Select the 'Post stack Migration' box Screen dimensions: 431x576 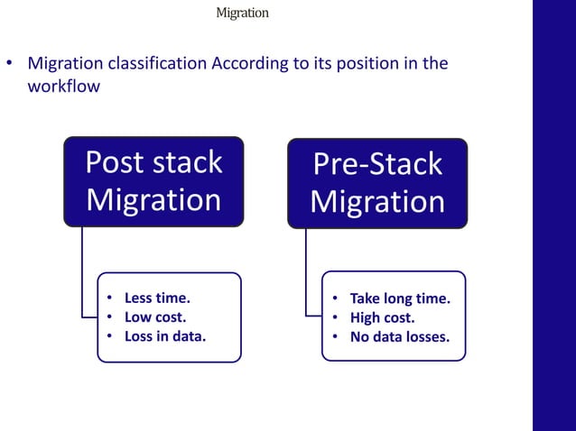153,180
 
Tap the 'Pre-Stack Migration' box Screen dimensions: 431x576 377,183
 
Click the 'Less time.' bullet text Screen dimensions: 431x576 158,298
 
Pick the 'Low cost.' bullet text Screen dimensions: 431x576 155,317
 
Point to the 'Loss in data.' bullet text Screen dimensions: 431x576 165,337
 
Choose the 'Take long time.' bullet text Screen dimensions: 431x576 400,298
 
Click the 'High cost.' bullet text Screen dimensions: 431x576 383,318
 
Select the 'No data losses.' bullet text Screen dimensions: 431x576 399,338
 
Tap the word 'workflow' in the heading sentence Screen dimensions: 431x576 64,87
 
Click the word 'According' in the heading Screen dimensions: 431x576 246,64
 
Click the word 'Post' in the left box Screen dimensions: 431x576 115,162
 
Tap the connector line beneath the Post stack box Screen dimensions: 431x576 82,271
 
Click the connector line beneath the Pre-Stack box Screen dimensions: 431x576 306,271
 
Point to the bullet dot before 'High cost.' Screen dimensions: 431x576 333,318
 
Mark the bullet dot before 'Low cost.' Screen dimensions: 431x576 109,317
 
